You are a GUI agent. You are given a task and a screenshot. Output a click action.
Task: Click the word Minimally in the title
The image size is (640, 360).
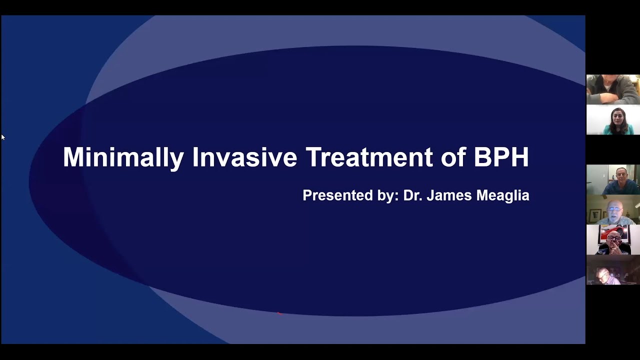point(123,157)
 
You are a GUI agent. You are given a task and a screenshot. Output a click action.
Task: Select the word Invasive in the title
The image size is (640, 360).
point(244,157)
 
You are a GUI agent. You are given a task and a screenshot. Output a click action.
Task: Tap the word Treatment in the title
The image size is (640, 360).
point(369,157)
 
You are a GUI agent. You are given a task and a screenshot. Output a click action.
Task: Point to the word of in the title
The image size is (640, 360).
point(452,157)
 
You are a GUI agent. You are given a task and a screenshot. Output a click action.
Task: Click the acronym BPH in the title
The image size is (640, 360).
point(501,157)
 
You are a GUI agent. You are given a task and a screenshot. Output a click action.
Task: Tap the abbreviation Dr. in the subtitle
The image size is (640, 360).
point(413,195)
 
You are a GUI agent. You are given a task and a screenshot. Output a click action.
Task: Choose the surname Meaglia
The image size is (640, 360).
point(502,195)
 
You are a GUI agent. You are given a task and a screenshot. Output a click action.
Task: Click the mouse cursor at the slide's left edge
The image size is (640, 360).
point(2,137)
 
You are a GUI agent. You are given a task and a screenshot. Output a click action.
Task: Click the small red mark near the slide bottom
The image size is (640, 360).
point(279,313)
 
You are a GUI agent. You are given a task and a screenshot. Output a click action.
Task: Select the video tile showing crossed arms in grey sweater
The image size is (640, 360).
point(613,89)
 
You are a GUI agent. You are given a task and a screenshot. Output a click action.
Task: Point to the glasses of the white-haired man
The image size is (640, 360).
point(614,208)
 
